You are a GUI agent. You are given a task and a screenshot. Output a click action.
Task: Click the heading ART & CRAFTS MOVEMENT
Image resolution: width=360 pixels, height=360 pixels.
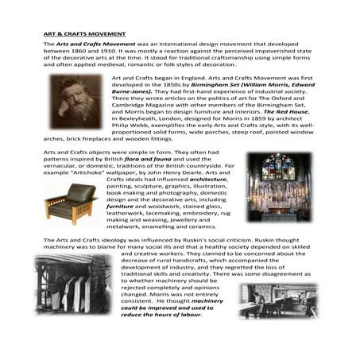83,34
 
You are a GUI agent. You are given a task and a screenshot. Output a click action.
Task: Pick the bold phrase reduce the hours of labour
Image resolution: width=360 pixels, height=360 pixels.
165,312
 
